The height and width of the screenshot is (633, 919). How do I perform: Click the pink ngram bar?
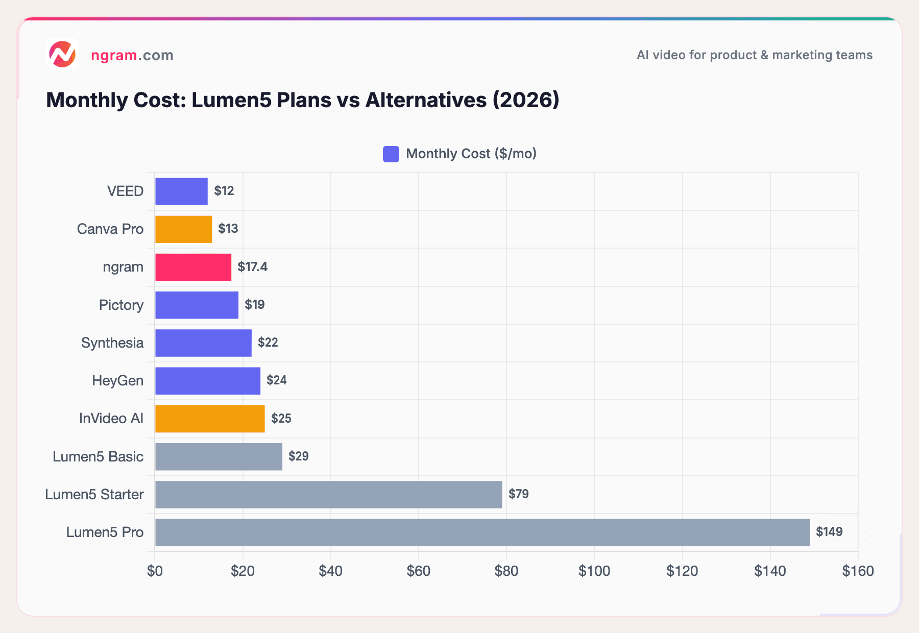pos(193,267)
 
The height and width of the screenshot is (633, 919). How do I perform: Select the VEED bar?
pos(181,191)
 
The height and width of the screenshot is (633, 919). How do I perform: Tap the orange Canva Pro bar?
pos(183,229)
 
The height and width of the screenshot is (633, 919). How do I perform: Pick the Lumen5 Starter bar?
pos(328,494)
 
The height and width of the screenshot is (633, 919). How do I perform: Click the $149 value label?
pos(829,532)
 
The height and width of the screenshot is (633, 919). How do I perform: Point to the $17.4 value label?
pos(252,266)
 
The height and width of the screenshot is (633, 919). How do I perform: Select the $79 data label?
pos(518,494)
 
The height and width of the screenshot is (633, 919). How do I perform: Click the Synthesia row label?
pos(112,343)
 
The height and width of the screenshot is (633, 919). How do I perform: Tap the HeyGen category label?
pos(117,380)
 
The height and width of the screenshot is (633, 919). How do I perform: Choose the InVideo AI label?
pos(111,419)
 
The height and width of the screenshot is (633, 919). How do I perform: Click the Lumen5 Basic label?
pos(98,456)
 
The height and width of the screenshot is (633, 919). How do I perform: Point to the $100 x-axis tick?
pos(594,571)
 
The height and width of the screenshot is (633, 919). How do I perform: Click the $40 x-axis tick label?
pos(330,571)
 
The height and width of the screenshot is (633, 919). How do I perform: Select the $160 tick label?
pos(858,571)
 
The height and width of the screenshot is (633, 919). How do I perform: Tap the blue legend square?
pos(391,154)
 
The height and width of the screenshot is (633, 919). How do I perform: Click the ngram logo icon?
pos(62,54)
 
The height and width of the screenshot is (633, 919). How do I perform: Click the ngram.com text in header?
pos(132,55)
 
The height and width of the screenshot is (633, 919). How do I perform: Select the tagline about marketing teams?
pos(754,55)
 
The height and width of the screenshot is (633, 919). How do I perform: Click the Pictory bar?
pos(197,305)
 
